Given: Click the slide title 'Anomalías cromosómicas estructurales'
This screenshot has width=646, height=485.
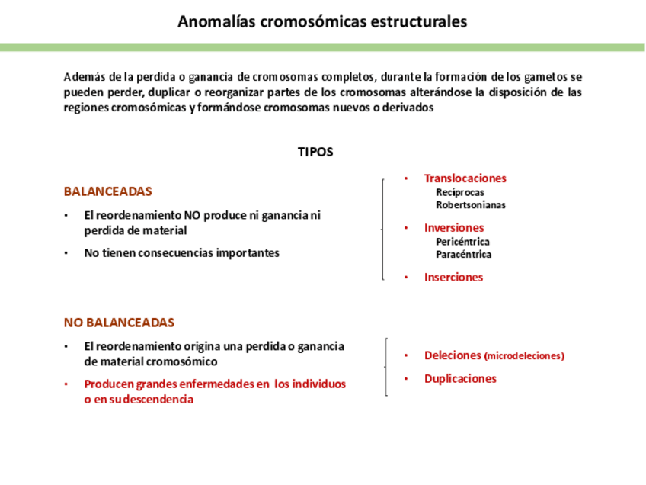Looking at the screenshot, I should point(322,21).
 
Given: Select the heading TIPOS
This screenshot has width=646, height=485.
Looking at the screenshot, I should point(315,152).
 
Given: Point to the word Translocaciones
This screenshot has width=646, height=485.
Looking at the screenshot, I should point(465,178).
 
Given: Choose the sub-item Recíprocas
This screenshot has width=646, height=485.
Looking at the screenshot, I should point(459,192).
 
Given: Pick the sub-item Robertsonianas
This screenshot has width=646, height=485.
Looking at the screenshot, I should point(470,204).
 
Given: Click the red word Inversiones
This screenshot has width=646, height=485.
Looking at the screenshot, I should point(453,227).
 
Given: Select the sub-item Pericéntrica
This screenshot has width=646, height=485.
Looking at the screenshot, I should point(462,242).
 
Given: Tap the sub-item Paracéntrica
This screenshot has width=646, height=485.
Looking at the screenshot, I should point(463,254).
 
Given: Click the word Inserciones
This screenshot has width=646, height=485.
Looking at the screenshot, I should point(453,278).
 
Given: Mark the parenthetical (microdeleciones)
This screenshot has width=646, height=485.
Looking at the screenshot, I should point(524,356).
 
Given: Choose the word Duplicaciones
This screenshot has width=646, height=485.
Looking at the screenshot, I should point(460,378).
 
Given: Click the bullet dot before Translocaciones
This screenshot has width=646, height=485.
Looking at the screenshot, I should point(406,178).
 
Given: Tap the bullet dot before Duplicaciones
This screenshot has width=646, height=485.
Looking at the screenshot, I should point(406,378).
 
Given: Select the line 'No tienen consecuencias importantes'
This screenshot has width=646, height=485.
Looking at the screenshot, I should point(181,253).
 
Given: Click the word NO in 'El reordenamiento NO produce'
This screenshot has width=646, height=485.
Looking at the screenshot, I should point(187,215).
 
